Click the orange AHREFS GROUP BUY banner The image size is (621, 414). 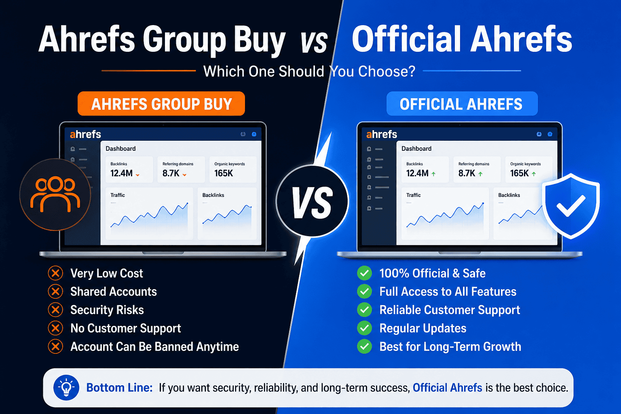(161, 104)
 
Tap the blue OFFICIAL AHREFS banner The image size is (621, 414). (461, 104)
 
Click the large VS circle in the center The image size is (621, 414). (312, 201)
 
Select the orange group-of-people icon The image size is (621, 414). (55, 194)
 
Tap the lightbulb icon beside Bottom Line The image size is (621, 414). (66, 388)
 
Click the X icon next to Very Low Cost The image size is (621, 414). (55, 273)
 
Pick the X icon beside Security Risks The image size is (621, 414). (55, 310)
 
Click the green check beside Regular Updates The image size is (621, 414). (364, 328)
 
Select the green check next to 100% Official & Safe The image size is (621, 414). (364, 273)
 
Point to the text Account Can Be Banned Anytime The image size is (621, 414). (154, 346)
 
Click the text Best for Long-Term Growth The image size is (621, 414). (450, 346)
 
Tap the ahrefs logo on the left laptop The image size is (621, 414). (85, 134)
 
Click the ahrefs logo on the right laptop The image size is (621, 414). (382, 134)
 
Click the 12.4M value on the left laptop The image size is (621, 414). (121, 173)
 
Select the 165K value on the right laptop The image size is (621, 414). (520, 173)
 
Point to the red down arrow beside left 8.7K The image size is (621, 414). (185, 175)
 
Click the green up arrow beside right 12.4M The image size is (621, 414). (433, 174)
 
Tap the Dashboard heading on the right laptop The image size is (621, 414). (416, 148)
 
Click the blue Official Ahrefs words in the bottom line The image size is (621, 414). (447, 388)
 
